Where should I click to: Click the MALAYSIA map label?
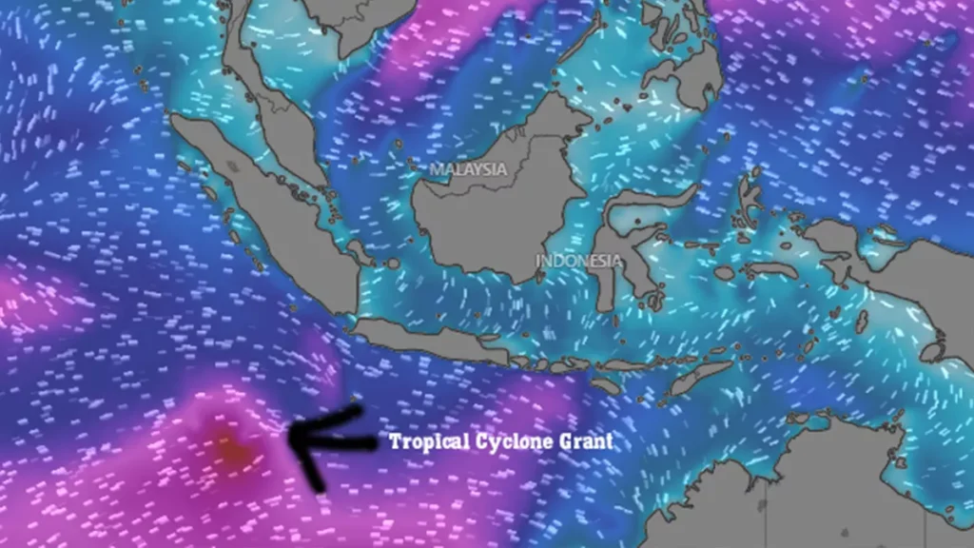coord(468,169)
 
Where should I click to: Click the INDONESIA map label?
coord(578,260)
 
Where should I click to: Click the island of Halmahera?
coord(751,195)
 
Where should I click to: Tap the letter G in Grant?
coord(567,442)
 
